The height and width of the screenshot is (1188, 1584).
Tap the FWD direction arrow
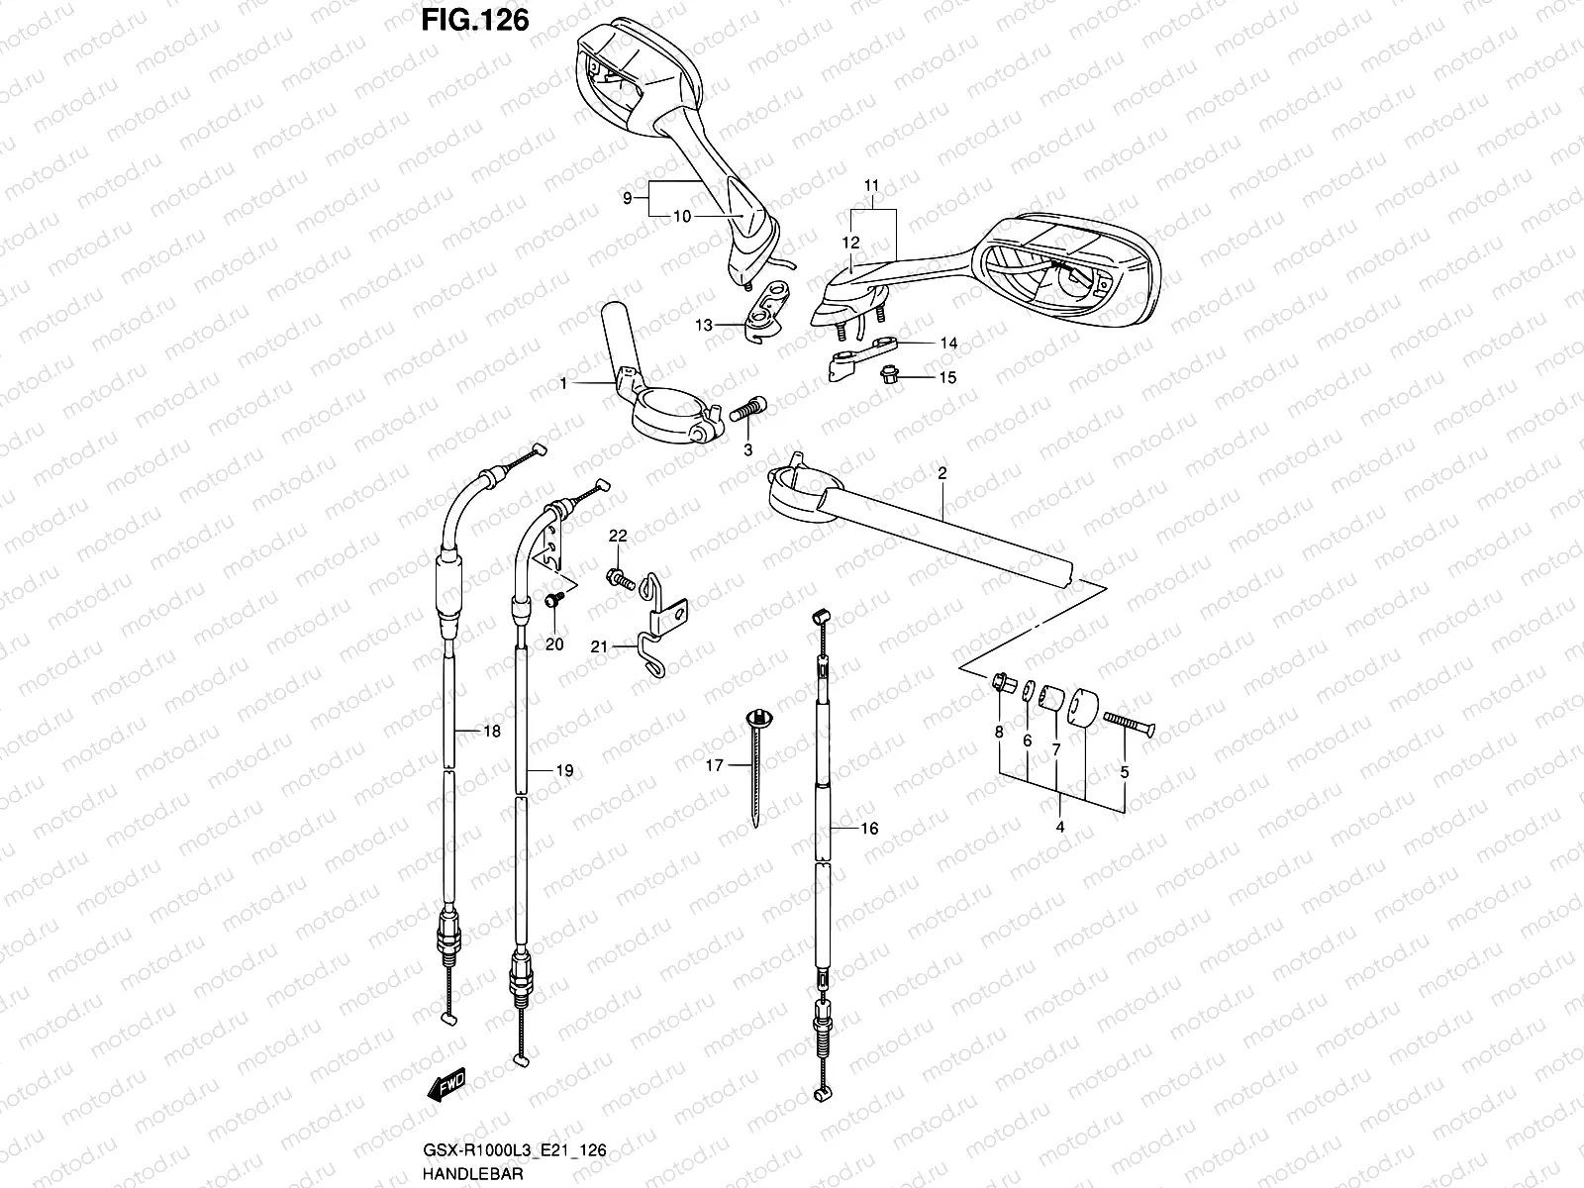(x=447, y=1086)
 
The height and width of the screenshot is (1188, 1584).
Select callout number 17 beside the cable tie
(x=714, y=764)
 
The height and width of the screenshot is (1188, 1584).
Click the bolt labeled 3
(x=747, y=409)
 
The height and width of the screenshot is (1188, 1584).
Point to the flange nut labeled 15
(x=890, y=375)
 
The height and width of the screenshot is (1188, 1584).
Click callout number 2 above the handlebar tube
(x=941, y=474)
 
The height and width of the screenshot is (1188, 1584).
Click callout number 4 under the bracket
(x=1060, y=826)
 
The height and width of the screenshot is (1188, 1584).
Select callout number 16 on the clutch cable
(x=868, y=829)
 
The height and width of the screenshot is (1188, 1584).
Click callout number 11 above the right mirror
(x=871, y=185)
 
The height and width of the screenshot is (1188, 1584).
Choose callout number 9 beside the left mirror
(x=627, y=198)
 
